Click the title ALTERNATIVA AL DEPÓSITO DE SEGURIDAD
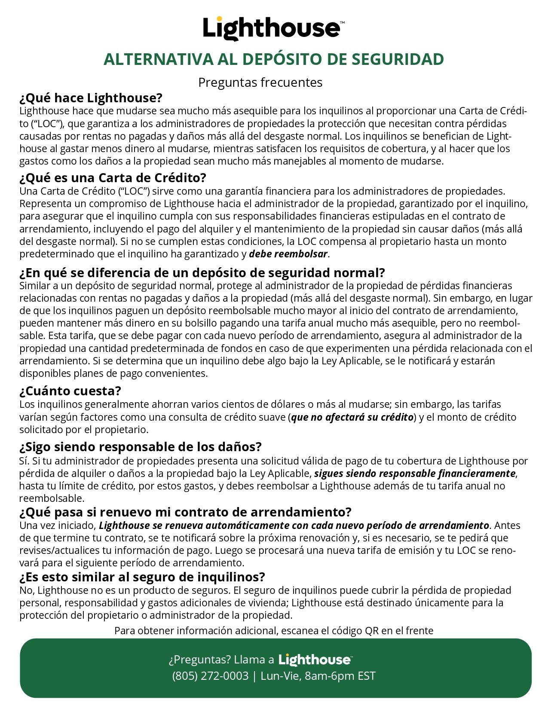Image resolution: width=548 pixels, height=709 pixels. tap(274, 59)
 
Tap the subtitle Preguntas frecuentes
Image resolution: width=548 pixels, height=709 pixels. tap(260, 82)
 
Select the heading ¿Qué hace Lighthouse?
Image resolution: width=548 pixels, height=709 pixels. tap(91, 98)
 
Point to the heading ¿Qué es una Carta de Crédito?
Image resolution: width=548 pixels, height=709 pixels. tap(113, 178)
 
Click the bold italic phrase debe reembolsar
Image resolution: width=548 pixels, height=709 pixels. tap(288, 254)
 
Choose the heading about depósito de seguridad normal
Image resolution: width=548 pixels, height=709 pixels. tap(202, 273)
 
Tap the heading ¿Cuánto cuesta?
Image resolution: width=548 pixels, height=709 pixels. tap(70, 391)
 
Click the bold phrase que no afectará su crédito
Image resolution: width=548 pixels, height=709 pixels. tap(352, 417)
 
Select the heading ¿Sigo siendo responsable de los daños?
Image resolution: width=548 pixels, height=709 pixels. tap(140, 447)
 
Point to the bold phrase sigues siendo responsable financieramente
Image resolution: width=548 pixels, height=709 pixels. tap(415, 474)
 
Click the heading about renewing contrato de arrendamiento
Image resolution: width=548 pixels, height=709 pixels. tap(185, 512)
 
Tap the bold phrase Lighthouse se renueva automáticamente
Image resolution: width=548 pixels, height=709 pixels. tap(294, 526)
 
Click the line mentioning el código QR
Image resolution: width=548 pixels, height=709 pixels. tap(274, 630)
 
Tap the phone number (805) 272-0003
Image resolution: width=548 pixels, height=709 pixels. tap(210, 676)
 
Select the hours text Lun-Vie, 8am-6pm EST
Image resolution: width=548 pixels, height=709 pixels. tap(318, 676)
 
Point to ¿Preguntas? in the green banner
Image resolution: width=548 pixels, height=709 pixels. tap(200, 660)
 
